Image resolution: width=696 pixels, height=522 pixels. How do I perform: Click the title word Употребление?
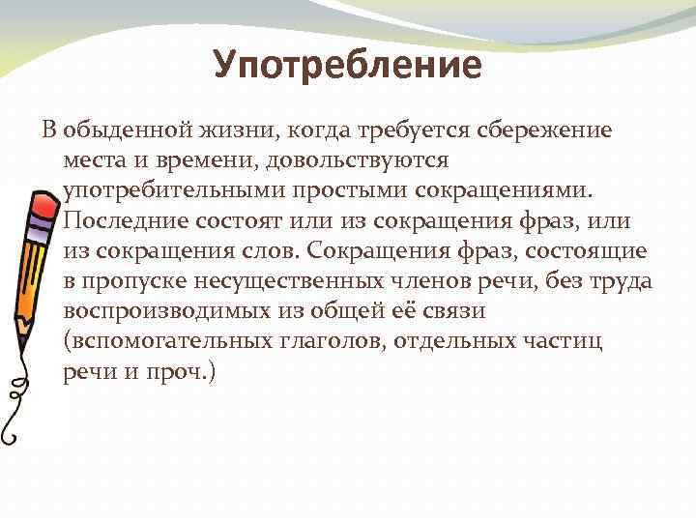(x=347, y=66)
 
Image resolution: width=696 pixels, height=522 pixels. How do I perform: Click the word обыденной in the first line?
(x=119, y=130)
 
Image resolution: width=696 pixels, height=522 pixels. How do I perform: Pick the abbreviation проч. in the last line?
(x=190, y=374)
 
